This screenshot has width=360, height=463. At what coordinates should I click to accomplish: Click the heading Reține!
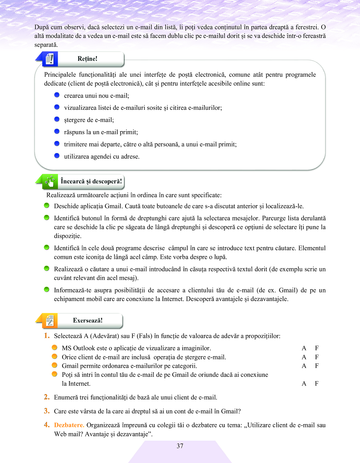(x=87, y=59)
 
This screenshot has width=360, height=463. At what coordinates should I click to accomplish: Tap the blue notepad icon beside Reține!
(x=50, y=59)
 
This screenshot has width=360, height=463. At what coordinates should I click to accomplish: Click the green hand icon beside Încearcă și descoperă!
(x=50, y=182)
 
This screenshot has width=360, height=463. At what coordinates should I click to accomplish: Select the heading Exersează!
(x=88, y=320)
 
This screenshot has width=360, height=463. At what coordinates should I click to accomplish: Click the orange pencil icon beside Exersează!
(x=50, y=321)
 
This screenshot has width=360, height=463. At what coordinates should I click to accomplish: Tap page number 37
(x=180, y=446)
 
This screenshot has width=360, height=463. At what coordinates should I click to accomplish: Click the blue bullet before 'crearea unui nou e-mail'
(x=57, y=95)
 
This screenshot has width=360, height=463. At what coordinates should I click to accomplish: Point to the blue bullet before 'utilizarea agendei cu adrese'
(x=57, y=156)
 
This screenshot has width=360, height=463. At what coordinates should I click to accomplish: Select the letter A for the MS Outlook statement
(x=304, y=348)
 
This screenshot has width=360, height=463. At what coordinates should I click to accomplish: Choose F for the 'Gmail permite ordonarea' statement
(x=317, y=366)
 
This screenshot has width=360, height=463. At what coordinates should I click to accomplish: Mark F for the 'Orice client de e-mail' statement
(x=317, y=357)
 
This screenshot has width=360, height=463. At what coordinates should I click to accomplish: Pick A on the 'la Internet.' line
(x=304, y=383)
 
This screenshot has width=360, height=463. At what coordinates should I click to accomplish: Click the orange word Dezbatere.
(x=69, y=425)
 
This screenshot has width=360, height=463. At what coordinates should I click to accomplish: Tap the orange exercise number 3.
(x=46, y=411)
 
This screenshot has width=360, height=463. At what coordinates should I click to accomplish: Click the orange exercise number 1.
(x=46, y=336)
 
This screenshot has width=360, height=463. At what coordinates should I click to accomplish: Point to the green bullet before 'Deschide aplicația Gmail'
(x=46, y=206)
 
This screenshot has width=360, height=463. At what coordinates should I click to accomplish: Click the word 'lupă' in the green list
(x=220, y=257)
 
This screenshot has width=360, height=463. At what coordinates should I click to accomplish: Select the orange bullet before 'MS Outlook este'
(x=54, y=347)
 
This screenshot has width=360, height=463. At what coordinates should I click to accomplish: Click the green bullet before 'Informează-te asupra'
(x=46, y=289)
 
